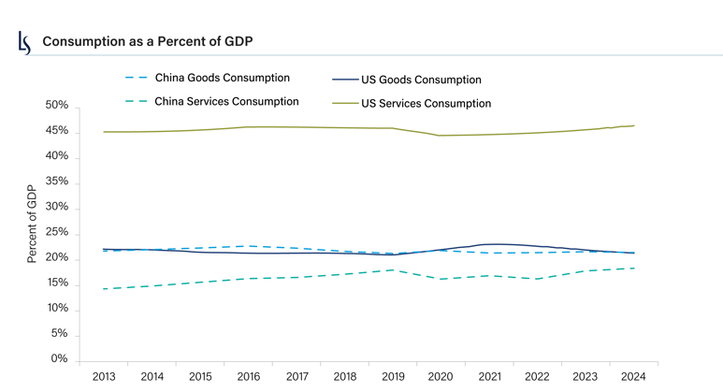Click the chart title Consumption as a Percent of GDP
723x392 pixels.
(148, 42)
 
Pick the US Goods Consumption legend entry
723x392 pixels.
(421, 80)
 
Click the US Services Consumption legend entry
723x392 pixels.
(426, 103)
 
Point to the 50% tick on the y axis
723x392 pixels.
(55, 106)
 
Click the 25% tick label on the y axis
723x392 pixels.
(55, 232)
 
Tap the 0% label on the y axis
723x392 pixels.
(59, 359)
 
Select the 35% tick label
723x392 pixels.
(55, 181)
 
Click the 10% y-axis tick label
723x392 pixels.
(55, 309)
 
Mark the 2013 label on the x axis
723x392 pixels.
(104, 376)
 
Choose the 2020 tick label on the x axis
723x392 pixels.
(440, 376)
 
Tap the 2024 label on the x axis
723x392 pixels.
(632, 376)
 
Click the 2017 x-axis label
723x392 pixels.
(296, 376)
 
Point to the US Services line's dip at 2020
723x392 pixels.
(440, 136)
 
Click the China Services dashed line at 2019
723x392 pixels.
(392, 269)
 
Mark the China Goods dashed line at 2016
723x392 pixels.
(248, 246)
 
